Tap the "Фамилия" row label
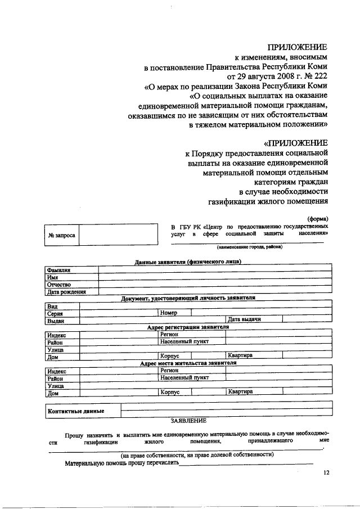tap(60, 270)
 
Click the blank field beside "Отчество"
tap(214, 285)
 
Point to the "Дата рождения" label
tap(66, 292)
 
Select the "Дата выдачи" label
tap(245, 319)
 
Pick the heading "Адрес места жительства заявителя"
tap(188, 363)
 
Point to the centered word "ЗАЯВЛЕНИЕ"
tap(188, 420)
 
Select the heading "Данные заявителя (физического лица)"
tap(188, 262)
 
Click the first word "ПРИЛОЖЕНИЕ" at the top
tap(298, 47)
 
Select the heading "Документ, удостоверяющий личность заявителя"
tap(188, 298)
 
